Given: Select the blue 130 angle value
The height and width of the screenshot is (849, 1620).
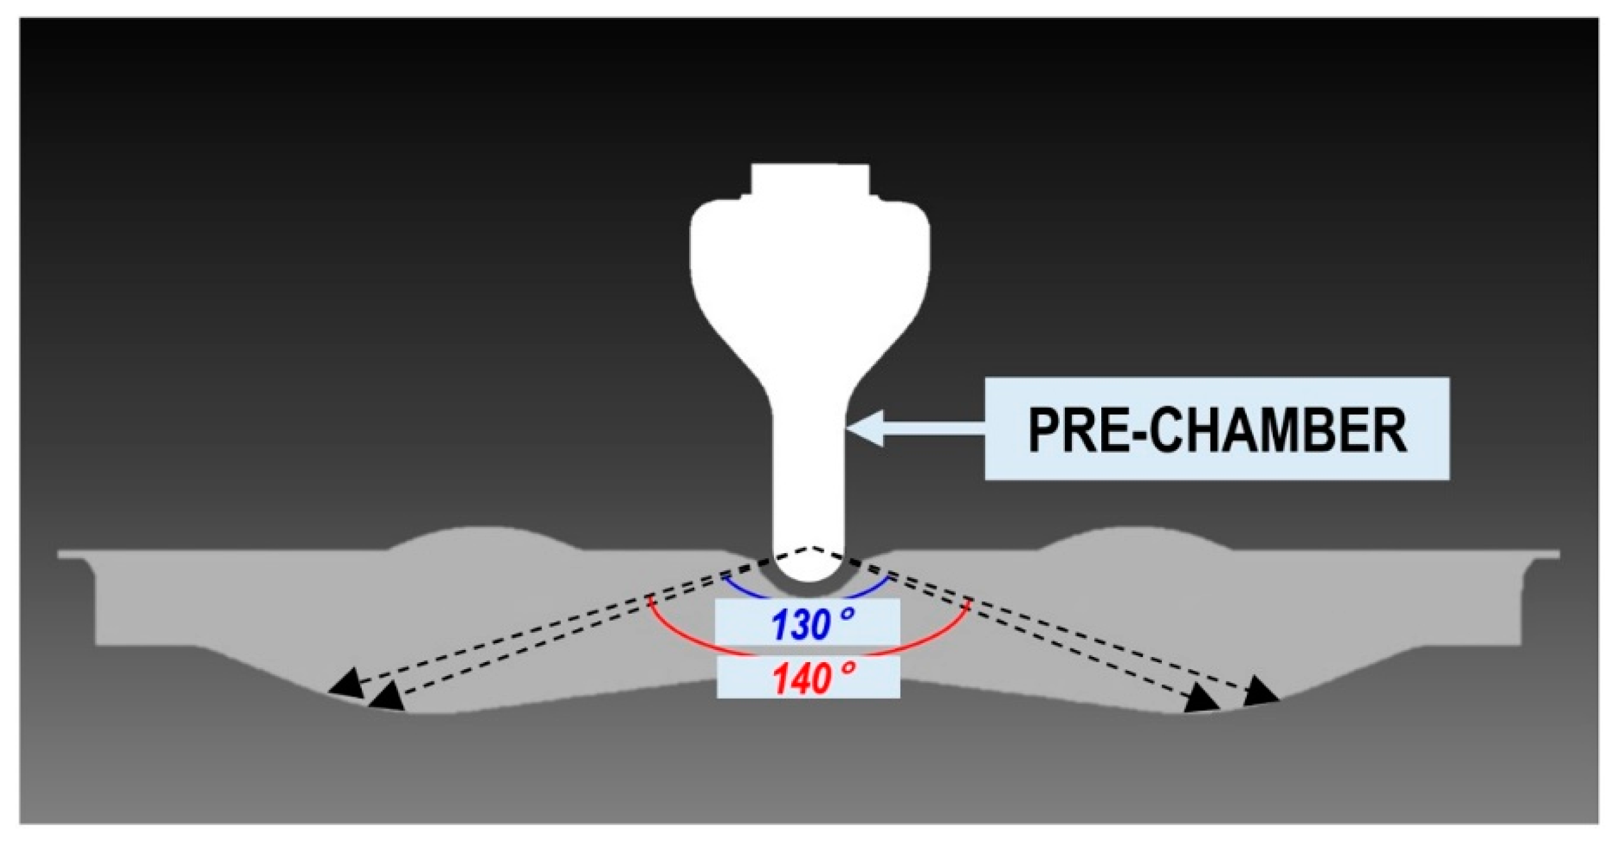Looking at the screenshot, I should point(801,624).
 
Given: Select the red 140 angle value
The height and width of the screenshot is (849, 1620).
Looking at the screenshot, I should point(801,679).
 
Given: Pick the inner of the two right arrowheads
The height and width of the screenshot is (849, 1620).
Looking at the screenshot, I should point(1203,700).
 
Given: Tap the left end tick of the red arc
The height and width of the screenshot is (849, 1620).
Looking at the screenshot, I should point(650,601).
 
